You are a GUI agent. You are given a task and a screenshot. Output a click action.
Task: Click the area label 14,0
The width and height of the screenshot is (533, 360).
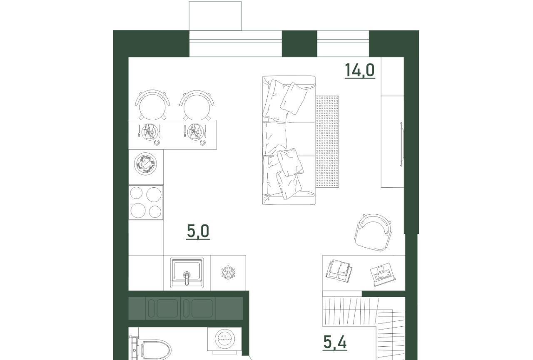[x=360, y=70]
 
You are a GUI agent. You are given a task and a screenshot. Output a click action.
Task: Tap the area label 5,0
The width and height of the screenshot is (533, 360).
[x=198, y=231]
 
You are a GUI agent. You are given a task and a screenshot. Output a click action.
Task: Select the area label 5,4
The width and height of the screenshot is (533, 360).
[x=335, y=343]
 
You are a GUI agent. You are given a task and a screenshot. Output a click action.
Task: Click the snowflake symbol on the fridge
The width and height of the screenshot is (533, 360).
[x=228, y=272]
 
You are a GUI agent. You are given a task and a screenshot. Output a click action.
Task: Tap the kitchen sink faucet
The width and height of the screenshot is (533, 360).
[x=187, y=278]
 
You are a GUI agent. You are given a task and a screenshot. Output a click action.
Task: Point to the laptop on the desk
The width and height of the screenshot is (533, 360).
[x=383, y=274]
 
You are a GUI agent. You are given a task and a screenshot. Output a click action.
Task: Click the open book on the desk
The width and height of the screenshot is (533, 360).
[x=339, y=271]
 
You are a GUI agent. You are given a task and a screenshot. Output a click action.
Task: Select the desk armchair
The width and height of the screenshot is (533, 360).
[x=373, y=232]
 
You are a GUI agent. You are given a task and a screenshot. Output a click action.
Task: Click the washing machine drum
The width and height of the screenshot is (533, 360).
[x=224, y=339]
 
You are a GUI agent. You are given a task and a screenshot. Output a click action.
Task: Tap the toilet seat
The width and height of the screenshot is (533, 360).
[x=156, y=350]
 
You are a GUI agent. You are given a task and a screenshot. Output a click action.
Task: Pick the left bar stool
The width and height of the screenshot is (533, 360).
[x=152, y=105]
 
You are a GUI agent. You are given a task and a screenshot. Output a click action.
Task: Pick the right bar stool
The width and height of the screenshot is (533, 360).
[x=197, y=105]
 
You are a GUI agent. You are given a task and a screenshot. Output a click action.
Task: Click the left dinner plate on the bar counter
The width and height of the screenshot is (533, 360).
[x=149, y=132]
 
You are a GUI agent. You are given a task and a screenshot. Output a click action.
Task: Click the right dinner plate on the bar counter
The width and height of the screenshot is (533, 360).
[x=195, y=132]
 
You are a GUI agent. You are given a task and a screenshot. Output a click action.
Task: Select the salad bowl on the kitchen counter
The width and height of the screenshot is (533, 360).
[x=145, y=164]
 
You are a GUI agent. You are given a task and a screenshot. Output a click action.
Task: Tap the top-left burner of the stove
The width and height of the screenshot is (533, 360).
[x=136, y=193]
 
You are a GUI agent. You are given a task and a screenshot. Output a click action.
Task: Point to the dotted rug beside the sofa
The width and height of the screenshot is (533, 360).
[x=327, y=142]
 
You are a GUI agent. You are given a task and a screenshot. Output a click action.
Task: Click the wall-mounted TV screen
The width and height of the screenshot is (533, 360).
[x=401, y=144]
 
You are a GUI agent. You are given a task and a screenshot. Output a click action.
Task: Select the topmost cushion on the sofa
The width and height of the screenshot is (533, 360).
[x=294, y=99]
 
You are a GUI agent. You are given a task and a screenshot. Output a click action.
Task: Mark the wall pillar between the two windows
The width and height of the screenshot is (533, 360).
[x=299, y=44]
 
